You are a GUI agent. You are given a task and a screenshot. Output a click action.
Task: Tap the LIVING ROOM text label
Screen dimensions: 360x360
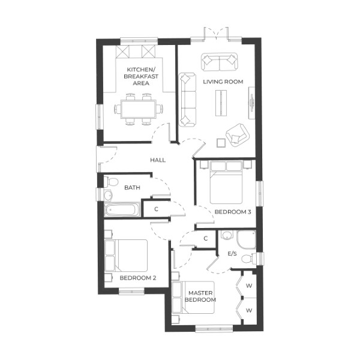click(223, 82)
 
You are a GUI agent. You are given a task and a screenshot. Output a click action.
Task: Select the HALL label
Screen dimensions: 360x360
click(158, 160)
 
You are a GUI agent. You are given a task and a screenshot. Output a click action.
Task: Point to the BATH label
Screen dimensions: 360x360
click(132, 188)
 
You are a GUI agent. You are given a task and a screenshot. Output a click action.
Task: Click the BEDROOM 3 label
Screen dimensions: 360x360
click(233, 212)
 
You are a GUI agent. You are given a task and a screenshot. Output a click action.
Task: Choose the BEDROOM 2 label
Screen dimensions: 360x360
click(138, 278)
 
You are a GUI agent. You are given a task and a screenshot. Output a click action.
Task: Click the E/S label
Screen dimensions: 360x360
click(233, 254)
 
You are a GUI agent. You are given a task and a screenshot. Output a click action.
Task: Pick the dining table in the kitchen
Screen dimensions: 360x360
click(139, 109)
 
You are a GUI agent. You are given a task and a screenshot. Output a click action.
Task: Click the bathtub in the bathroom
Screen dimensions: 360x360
click(122, 210)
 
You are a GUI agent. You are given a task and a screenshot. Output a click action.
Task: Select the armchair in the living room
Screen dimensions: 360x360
click(237, 135)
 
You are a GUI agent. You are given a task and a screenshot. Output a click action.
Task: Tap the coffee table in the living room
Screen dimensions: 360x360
click(222, 102)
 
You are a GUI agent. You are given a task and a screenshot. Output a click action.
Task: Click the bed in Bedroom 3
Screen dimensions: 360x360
click(226, 183)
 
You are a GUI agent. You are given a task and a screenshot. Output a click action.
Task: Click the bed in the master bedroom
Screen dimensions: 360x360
click(186, 298)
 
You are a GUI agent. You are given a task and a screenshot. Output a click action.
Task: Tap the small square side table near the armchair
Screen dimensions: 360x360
click(220, 142)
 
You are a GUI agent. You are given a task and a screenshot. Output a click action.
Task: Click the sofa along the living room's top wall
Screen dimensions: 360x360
click(219, 62)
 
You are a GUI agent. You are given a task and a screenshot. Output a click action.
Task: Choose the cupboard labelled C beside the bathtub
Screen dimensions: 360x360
click(156, 209)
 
